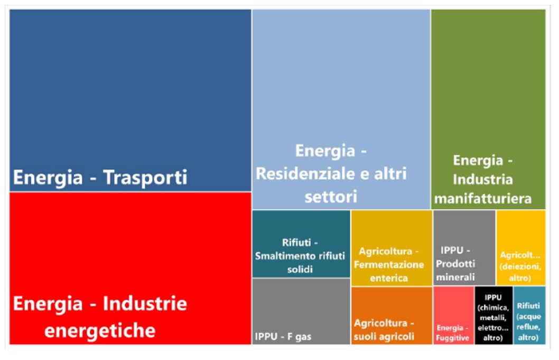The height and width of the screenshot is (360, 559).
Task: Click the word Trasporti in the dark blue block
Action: [x=145, y=177]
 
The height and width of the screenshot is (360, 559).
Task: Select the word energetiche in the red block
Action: [x=100, y=331]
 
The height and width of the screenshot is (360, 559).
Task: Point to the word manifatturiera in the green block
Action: [x=483, y=199]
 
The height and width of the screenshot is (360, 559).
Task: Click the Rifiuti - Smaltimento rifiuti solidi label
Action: [x=300, y=256]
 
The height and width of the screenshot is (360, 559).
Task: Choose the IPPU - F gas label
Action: [x=283, y=337]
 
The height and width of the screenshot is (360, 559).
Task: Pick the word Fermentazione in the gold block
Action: [x=388, y=265]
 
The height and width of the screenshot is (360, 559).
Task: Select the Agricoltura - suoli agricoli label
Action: [x=384, y=330]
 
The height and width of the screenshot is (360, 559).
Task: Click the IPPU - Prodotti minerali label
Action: [x=455, y=264]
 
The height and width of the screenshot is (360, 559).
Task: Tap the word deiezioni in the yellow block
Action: [x=520, y=266]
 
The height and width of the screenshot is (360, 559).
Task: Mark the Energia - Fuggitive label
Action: [x=452, y=333]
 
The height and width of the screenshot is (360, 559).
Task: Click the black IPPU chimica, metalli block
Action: [x=494, y=316]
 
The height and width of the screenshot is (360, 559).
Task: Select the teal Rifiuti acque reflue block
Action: [x=529, y=316]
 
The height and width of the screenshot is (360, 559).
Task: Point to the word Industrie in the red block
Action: [x=145, y=303]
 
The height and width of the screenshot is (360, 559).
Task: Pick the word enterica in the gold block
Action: [x=388, y=278]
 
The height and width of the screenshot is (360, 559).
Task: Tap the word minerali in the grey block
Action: [x=455, y=277]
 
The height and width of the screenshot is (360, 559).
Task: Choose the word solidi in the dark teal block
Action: [x=300, y=270]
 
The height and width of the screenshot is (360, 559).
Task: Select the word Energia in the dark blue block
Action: [x=48, y=177]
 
